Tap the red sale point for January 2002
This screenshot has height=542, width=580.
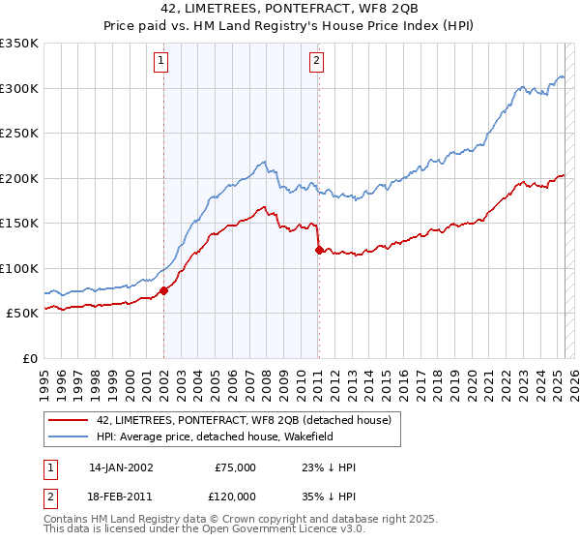coord(163,289)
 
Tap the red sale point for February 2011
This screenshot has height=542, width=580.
coord(319,250)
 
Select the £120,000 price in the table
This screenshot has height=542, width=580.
coord(235,495)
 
